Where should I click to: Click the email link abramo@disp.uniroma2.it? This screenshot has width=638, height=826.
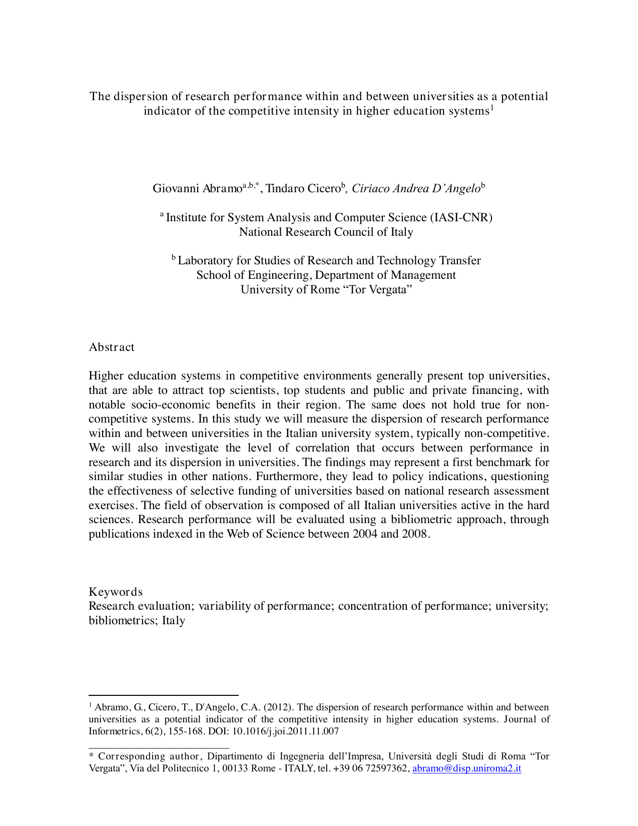click(x=466, y=768)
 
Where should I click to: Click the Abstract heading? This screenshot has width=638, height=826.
click(x=112, y=347)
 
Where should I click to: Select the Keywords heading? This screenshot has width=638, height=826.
click(x=116, y=592)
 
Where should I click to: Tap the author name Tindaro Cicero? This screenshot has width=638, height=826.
click(x=303, y=189)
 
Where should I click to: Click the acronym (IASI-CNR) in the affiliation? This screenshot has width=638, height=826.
click(x=461, y=218)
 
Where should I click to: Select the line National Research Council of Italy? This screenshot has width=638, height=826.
click(x=326, y=232)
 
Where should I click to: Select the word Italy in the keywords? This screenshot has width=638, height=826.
click(x=173, y=621)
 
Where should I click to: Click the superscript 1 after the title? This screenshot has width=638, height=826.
click(x=492, y=108)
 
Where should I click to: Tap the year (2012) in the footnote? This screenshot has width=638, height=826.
click(x=278, y=707)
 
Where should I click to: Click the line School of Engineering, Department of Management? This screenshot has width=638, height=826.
click(x=326, y=275)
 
